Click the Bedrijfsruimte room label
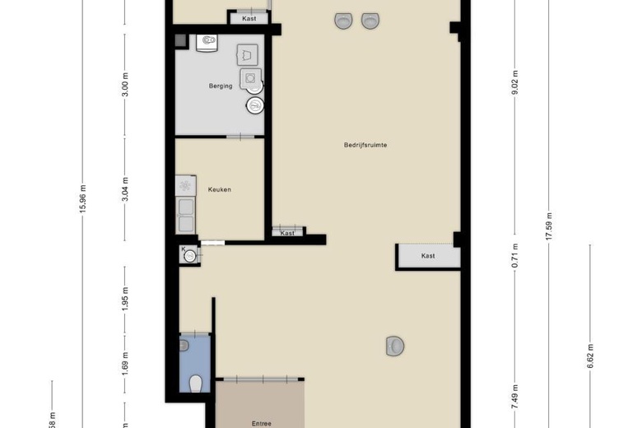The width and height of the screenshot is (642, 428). pos(365,145)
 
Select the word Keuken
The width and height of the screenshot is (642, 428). pos(219,189)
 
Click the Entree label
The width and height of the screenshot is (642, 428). pos(262,423)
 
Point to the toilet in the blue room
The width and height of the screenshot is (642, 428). pos(195,383)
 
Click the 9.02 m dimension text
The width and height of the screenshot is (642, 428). pos(515,86)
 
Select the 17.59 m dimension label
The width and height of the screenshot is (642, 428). pos(549,223)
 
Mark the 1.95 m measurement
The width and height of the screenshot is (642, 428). pos(126,295)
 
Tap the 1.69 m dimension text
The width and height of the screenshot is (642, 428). pos(126,362)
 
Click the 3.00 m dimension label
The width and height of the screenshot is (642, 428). pos(126,85)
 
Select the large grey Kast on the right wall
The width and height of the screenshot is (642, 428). pos(428,256)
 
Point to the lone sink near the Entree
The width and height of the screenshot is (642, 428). pos(395,347)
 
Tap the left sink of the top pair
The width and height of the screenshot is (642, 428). pos(342,21)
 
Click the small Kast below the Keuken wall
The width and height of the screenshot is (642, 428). pos(287,232)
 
